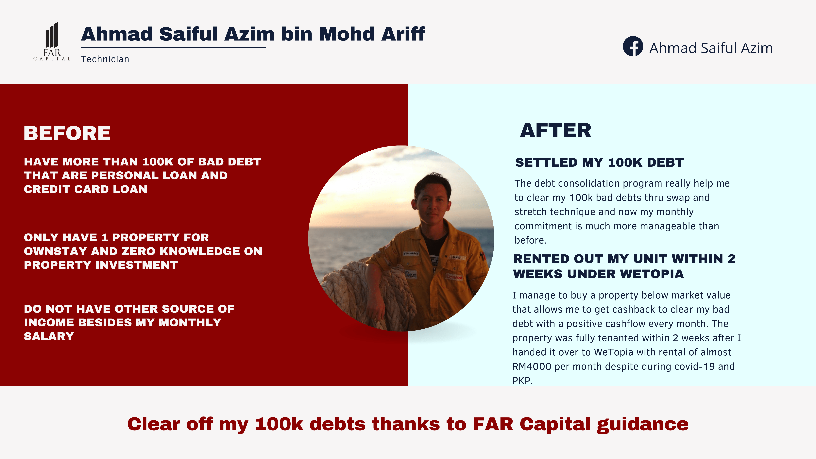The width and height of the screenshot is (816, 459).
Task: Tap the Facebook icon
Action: click(x=633, y=46)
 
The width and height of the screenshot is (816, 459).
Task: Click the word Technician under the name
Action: click(x=105, y=59)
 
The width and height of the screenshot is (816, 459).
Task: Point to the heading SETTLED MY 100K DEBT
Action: click(x=599, y=162)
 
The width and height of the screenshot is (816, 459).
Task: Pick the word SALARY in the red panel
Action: click(x=49, y=336)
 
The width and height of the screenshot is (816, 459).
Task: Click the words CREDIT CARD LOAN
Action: click(x=86, y=189)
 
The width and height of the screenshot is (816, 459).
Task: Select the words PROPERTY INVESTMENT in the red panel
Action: click(x=101, y=265)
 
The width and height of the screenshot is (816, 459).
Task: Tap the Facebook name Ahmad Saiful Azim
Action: click(x=711, y=48)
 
